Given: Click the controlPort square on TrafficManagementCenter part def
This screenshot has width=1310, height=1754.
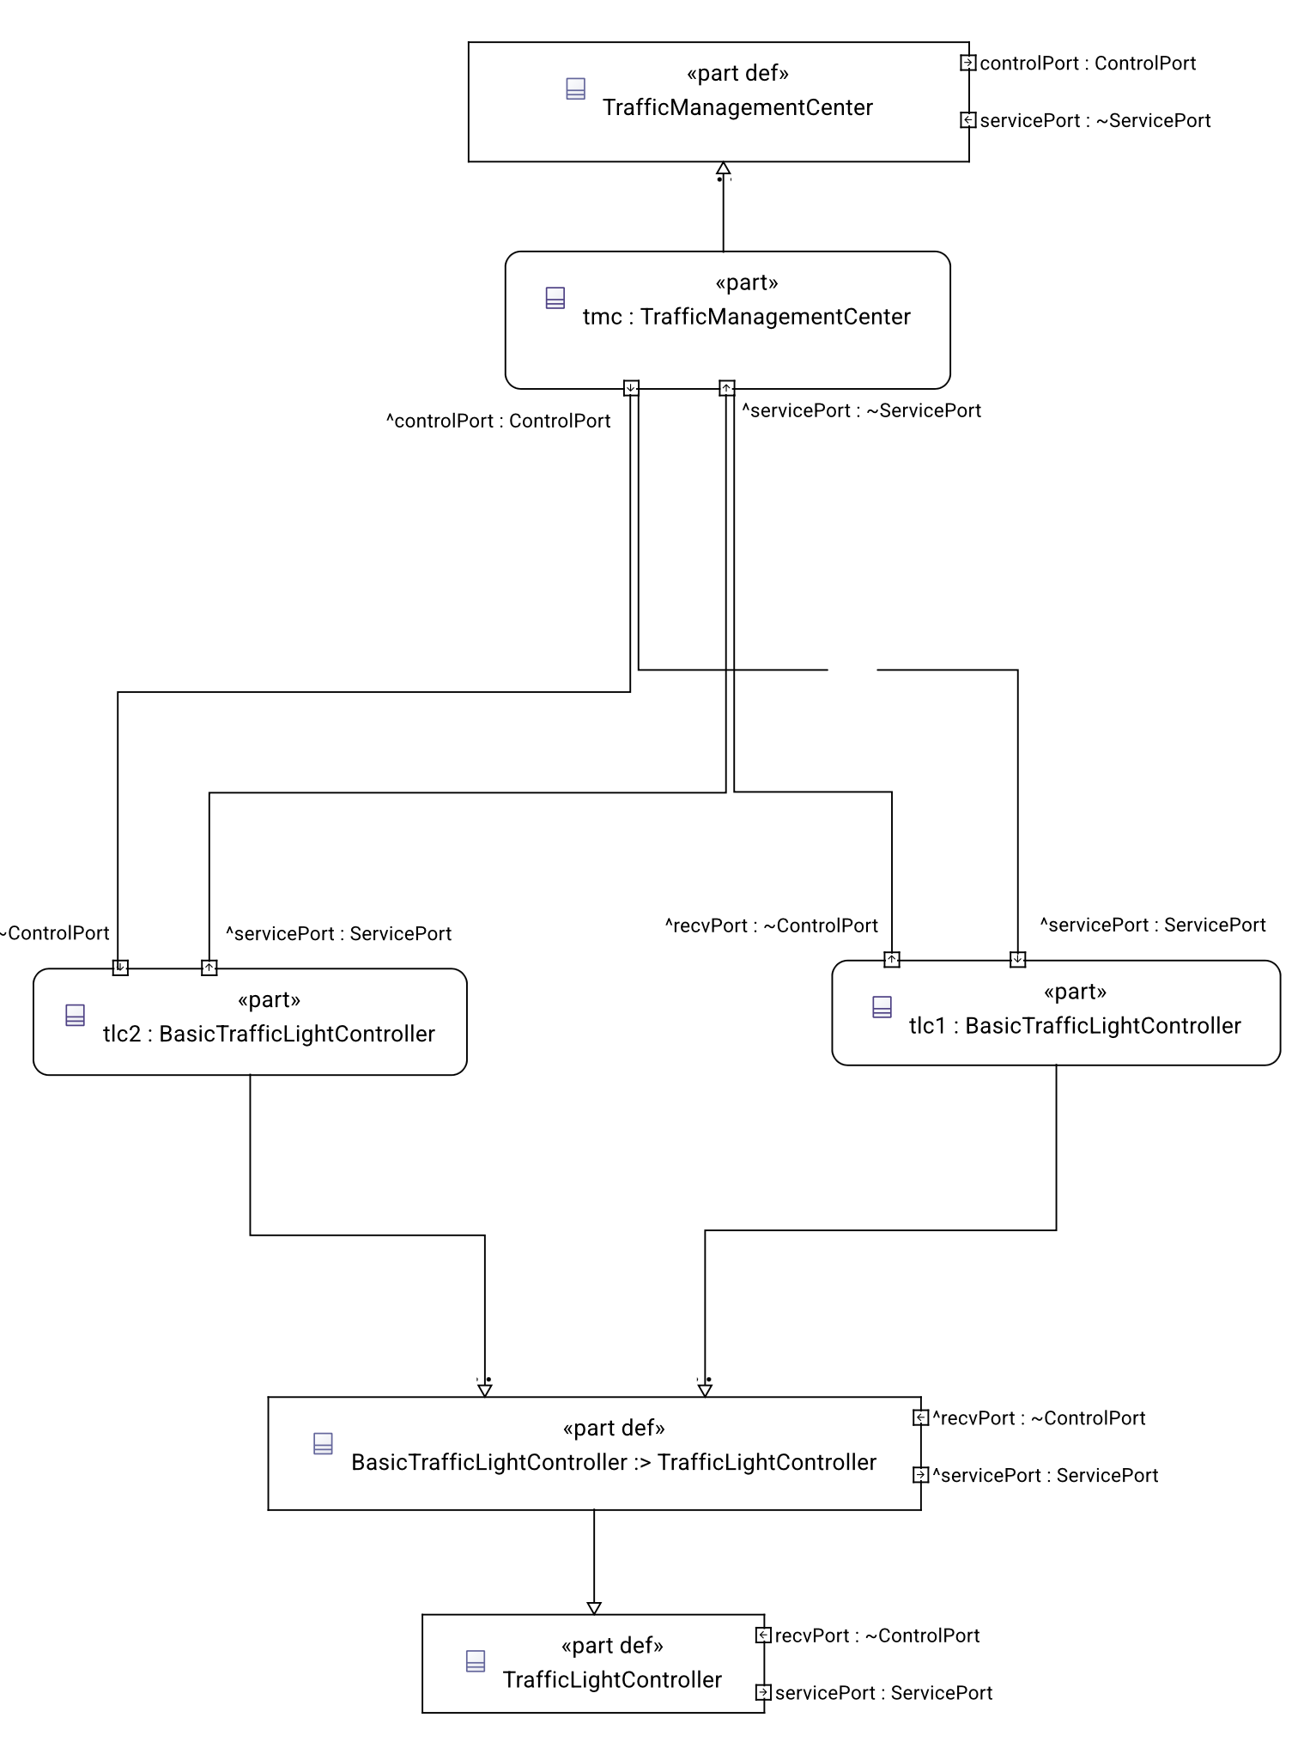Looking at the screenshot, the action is (x=967, y=63).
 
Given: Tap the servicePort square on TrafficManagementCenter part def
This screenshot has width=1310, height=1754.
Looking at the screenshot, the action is (x=967, y=120).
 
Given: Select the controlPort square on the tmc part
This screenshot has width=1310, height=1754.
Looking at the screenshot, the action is (x=631, y=388).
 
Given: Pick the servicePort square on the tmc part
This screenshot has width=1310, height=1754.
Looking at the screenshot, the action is (x=727, y=388).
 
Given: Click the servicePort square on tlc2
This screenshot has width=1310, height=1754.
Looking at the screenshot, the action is (x=209, y=968).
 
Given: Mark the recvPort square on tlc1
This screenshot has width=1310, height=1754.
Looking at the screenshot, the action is (x=892, y=959).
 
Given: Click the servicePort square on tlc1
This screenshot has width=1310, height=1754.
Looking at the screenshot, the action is (x=1018, y=959).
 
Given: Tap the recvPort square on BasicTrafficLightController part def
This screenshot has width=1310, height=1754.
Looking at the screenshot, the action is (x=920, y=1417).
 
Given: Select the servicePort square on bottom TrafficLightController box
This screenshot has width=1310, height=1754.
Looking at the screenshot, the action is (x=763, y=1692).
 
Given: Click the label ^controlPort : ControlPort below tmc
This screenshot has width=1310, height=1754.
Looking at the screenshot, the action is (x=499, y=421).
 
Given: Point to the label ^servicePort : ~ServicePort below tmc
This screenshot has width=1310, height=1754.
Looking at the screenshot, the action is (x=862, y=410).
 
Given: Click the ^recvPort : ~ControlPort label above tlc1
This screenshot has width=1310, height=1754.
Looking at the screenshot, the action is (x=772, y=926).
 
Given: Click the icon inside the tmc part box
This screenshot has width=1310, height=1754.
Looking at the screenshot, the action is (x=555, y=298).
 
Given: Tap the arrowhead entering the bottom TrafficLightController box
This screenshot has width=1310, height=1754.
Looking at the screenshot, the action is (x=594, y=1608).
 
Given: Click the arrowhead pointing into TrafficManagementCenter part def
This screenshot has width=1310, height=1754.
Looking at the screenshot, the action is (x=724, y=168).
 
